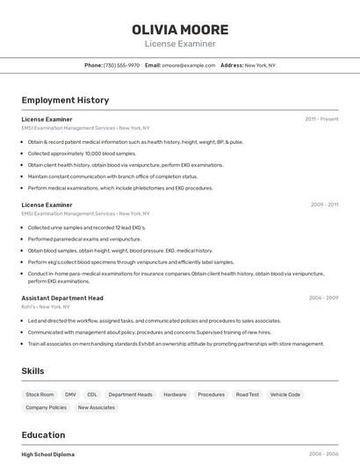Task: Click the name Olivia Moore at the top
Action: click(x=180, y=29)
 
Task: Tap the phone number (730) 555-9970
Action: click(x=121, y=65)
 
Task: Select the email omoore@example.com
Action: click(x=189, y=65)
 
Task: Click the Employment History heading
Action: click(x=65, y=100)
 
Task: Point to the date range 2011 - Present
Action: click(x=321, y=118)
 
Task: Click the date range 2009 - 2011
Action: click(x=324, y=204)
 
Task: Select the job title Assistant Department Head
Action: click(x=62, y=298)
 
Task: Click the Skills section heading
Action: click(x=32, y=371)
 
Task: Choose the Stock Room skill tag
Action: click(x=40, y=395)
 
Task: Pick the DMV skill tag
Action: click(x=70, y=395)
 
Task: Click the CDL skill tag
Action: click(x=92, y=395)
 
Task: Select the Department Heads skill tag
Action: click(x=130, y=395)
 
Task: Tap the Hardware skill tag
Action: click(x=175, y=395)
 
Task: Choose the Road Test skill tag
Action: click(x=248, y=395)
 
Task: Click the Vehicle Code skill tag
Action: click(x=285, y=395)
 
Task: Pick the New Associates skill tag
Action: click(x=96, y=408)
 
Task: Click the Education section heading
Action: click(x=43, y=435)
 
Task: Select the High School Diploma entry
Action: click(x=48, y=454)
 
